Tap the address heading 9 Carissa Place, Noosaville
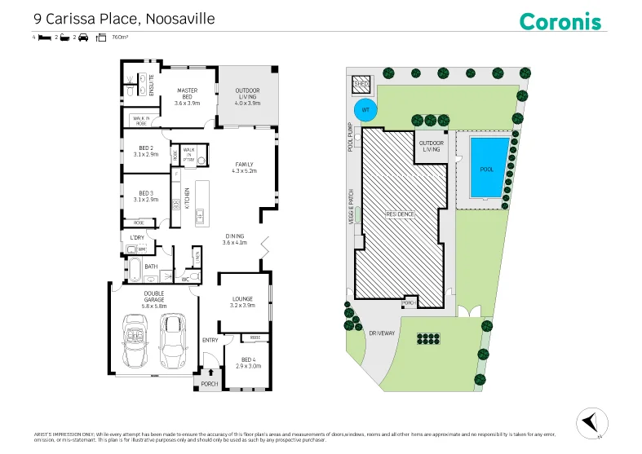click(x=123, y=17)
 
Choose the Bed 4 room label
click(x=250, y=363)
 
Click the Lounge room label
click(x=243, y=302)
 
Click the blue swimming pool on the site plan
click(x=487, y=167)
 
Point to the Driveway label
click(x=382, y=333)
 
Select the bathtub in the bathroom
click(x=131, y=270)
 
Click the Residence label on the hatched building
click(x=401, y=214)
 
